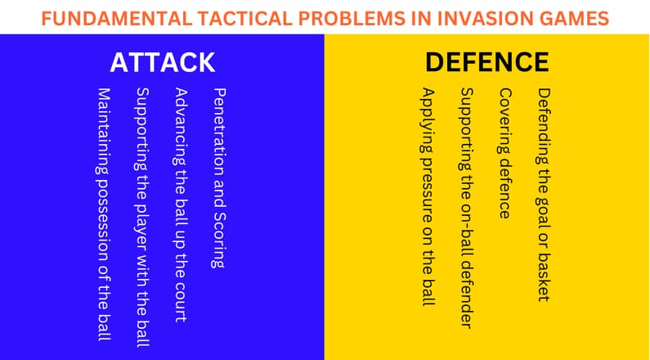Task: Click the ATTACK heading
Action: pos(163,63)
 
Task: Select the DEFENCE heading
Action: pos(486,63)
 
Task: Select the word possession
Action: pos(103,218)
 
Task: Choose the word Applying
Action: pos(426,119)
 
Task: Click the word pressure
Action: pos(426,186)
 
